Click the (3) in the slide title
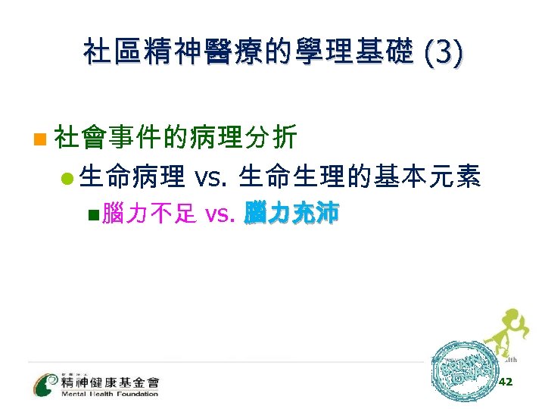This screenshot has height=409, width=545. click(445, 54)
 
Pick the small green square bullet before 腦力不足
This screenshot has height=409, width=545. click(93, 215)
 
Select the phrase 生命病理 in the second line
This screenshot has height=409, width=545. click(132, 177)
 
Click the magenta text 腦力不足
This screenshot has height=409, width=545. click(151, 214)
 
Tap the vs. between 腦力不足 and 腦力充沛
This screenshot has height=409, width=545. click(222, 214)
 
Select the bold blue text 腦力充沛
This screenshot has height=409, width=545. click(291, 214)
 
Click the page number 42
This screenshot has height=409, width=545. click(506, 382)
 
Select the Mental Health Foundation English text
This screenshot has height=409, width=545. click(110, 393)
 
